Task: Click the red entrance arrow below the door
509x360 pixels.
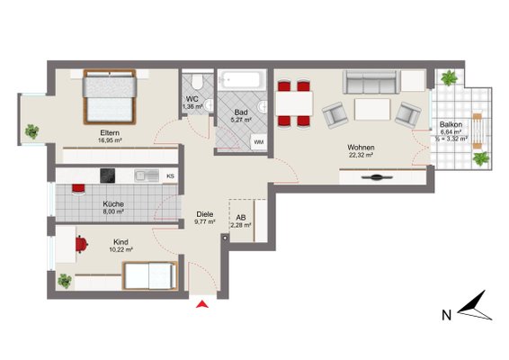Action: [x=202, y=304]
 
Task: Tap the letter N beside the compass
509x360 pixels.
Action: [x=447, y=315]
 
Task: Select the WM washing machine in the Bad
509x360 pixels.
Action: [x=259, y=142]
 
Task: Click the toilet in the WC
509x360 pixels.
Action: [x=197, y=81]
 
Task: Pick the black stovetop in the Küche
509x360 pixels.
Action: [x=107, y=175]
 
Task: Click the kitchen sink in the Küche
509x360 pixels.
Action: [x=147, y=175]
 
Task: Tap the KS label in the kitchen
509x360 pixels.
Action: [x=171, y=176]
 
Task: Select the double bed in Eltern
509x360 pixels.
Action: [x=110, y=97]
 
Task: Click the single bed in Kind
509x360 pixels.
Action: [x=150, y=275]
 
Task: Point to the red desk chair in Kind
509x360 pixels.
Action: [x=82, y=244]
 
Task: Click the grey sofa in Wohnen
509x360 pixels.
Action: [x=371, y=81]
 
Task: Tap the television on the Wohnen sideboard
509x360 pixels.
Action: [x=376, y=177]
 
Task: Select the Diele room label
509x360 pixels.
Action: [x=205, y=214]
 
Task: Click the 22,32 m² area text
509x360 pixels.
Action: [x=361, y=155]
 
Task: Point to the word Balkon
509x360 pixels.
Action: [x=451, y=124]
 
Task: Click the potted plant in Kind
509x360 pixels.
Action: [x=64, y=281]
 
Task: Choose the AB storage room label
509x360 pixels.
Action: [x=241, y=218]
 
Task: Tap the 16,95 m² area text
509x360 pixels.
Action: [x=110, y=140]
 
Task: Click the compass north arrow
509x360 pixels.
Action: [x=475, y=307]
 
